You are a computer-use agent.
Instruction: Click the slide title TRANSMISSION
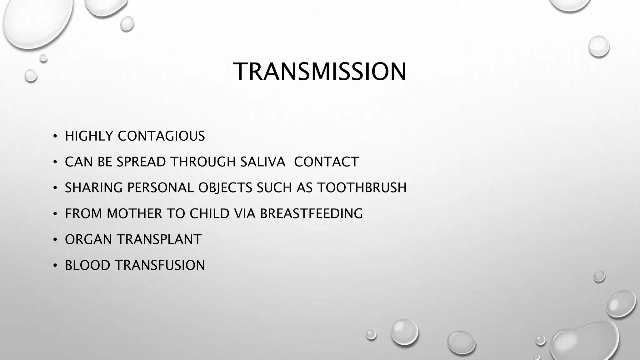[320, 72]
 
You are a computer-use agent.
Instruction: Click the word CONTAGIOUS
[161, 136]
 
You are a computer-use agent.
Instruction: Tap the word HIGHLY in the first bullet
[89, 136]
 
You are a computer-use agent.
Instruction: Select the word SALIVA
[263, 162]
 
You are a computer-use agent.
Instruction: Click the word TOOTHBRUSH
[362, 188]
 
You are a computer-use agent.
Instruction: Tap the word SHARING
[94, 188]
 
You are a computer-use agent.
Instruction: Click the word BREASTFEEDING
[311, 214]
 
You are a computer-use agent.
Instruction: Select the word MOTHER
[134, 214]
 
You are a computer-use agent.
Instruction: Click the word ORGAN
[88, 240]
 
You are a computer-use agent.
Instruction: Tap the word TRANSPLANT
[159, 240]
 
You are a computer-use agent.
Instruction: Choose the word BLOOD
[88, 265]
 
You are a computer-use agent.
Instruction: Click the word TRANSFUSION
[160, 265]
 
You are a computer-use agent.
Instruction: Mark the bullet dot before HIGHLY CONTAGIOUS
[55, 137]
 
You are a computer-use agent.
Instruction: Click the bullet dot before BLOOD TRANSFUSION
[55, 266]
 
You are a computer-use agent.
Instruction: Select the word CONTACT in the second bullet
[326, 162]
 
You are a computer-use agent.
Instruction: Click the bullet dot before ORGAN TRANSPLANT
[55, 240]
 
